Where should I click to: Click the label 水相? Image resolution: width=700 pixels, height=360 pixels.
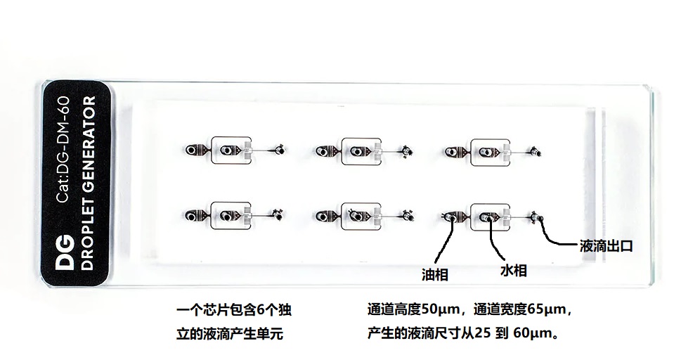coord(513,271)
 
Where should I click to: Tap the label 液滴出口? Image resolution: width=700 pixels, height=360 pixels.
coord(606,246)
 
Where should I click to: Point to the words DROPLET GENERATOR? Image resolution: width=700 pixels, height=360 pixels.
coord(89,184)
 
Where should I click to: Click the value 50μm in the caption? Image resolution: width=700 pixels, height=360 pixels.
coord(441,309)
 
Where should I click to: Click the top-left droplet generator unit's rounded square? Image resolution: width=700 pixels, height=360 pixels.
coord(229,150)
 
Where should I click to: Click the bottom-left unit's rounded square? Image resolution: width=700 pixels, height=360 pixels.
coord(229,214)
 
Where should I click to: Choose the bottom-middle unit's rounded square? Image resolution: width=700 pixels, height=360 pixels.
coord(361,216)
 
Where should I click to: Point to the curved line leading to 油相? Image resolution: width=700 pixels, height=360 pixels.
coord(442,243)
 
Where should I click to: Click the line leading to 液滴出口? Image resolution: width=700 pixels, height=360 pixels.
coord(559,239)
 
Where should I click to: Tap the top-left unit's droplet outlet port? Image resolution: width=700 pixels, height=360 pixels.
coord(280,149)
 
